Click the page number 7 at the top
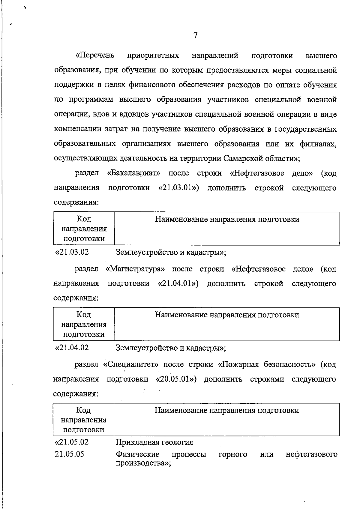195,36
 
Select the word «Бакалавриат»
133,173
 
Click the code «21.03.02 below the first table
72,252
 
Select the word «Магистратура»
135,269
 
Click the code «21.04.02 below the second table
72,348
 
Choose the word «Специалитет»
130,364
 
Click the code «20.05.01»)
176,379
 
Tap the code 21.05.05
69,454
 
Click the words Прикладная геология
154,442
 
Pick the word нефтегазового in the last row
311,454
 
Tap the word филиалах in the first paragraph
318,144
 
